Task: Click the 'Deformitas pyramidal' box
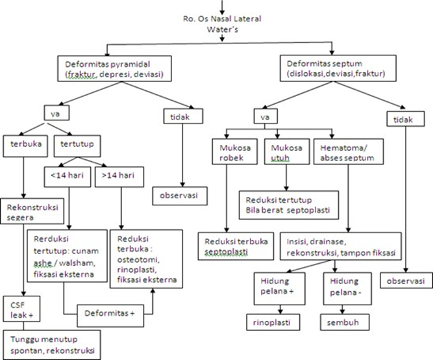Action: click(114, 69)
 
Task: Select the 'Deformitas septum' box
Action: click(338, 68)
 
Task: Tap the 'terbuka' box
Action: click(25, 146)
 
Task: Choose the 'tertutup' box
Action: click(77, 146)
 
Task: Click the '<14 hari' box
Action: click(68, 177)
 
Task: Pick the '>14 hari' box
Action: click(119, 177)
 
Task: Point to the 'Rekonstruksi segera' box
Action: click(32, 211)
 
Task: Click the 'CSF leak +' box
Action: click(21, 309)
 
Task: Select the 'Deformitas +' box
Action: click(110, 316)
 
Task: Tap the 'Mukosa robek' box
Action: click(235, 152)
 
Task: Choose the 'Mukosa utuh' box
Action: click(287, 152)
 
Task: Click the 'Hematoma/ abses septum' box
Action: click(349, 152)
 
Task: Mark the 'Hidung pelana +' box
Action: click(279, 289)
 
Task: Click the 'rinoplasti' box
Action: click(273, 322)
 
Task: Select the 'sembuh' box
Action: click(345, 322)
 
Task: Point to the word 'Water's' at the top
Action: click(223, 30)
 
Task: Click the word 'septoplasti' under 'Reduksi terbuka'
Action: click(226, 252)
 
